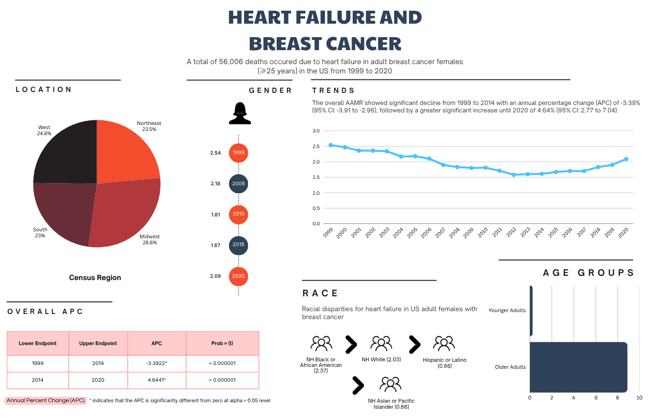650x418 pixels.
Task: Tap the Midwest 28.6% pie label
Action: point(149,240)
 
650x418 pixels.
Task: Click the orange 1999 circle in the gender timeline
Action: point(239,153)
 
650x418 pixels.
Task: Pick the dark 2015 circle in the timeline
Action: point(239,245)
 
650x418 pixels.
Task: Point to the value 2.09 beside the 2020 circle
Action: point(215,276)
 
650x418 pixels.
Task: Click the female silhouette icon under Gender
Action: point(240,113)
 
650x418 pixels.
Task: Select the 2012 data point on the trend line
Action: point(513,175)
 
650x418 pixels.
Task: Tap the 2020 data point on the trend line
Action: point(626,159)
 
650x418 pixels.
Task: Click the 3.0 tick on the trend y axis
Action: point(316,131)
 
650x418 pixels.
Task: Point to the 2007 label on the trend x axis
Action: point(440,233)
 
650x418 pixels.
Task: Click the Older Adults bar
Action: point(578,367)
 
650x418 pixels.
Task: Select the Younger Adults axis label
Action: point(507,311)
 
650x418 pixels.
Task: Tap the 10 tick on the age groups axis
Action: point(639,398)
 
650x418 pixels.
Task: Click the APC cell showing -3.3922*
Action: point(156,363)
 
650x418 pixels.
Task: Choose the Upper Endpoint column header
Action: point(98,344)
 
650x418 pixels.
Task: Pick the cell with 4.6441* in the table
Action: point(156,380)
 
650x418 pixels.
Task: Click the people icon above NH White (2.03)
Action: point(381,344)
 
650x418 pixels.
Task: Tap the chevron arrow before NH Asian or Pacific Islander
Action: point(357,385)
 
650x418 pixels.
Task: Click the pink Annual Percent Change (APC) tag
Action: point(45,400)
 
